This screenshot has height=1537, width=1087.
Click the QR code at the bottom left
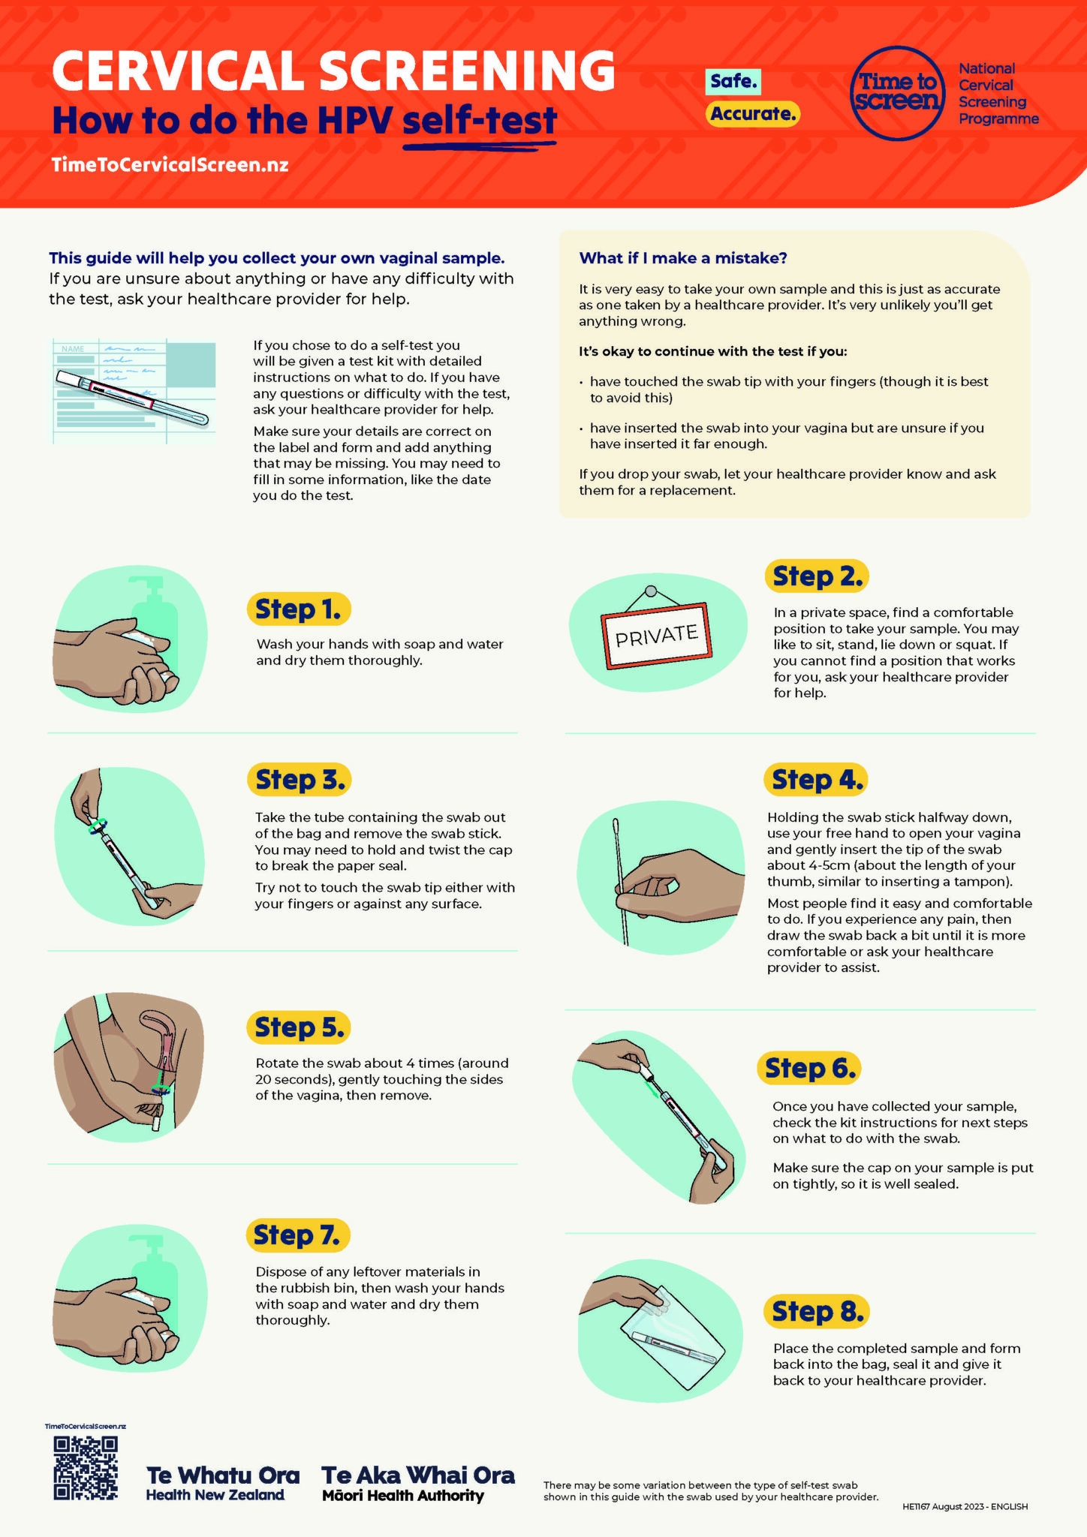pyautogui.click(x=86, y=1468)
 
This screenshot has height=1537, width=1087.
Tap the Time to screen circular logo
pyautogui.click(x=897, y=94)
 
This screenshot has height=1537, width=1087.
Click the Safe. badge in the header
pyautogui.click(x=733, y=81)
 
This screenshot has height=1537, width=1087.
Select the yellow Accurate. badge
pyautogui.click(x=752, y=114)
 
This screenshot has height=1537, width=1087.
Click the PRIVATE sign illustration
pyautogui.click(x=656, y=635)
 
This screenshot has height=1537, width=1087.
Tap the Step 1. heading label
pyautogui.click(x=298, y=609)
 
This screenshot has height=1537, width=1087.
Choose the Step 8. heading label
pyautogui.click(x=817, y=1311)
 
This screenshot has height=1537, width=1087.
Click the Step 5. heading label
pyautogui.click(x=299, y=1027)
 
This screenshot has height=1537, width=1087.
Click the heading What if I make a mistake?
pyautogui.click(x=682, y=258)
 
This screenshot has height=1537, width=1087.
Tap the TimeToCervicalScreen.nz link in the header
pyautogui.click(x=170, y=165)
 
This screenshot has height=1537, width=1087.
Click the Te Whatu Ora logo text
pyautogui.click(x=222, y=1483)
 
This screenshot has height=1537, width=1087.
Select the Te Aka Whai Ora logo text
pyautogui.click(x=418, y=1483)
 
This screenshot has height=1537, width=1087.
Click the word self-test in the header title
pyautogui.click(x=480, y=120)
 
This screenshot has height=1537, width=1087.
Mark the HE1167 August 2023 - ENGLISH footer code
pyautogui.click(x=965, y=1506)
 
